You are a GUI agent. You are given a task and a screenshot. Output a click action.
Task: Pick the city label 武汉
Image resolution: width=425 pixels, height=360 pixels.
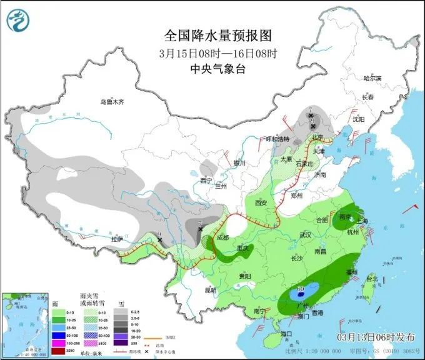(x=306, y=235)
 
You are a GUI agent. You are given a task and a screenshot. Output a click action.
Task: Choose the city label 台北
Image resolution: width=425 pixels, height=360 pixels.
(x=371, y=278)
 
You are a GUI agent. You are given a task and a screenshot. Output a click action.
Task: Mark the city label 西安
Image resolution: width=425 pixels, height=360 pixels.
(x=261, y=203)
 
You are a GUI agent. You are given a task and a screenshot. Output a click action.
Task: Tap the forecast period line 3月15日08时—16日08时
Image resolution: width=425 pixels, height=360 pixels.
(x=217, y=52)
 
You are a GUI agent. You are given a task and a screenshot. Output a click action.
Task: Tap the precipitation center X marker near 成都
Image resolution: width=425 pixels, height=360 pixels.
(x=199, y=229)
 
